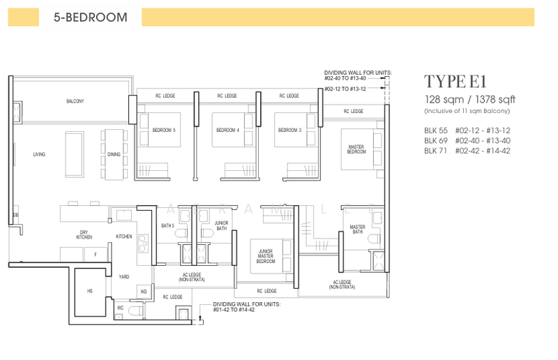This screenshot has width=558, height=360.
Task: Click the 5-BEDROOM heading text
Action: coord(90,17)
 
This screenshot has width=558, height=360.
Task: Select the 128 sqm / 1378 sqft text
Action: coord(468,99)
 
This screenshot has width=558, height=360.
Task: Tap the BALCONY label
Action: coord(75,102)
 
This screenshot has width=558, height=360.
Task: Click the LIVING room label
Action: coord(38,154)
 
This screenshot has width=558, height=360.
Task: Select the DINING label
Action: coord(114,154)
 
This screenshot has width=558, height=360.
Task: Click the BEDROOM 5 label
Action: coord(165,130)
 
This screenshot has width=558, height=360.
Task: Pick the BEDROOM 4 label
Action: coord(227,130)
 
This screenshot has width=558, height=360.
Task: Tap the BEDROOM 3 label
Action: coord(289,130)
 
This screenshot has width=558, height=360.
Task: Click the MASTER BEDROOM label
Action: coord(356,149)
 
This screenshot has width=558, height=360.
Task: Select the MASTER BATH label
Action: coord(357,230)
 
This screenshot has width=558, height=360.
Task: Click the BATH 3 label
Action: coord(167,226)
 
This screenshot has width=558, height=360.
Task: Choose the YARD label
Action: coord(123,276)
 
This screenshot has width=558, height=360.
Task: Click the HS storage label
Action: coord(89,291)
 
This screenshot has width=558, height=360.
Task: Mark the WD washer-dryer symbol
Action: coord(144,291)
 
